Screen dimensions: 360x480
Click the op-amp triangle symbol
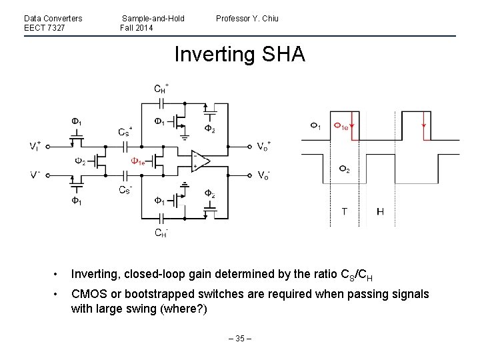pyautogui.click(x=199, y=161)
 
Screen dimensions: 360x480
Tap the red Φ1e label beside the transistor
pyautogui.click(x=139, y=161)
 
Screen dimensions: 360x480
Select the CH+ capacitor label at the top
pyautogui.click(x=161, y=88)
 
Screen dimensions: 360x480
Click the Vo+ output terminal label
pyautogui.click(x=264, y=147)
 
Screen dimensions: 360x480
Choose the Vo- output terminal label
pyautogui.click(x=264, y=175)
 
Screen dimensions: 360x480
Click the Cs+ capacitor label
pyautogui.click(x=125, y=131)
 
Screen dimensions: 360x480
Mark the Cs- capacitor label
pyautogui.click(x=125, y=190)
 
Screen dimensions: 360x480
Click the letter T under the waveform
pyautogui.click(x=344, y=212)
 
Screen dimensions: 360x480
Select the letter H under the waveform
pyautogui.click(x=380, y=212)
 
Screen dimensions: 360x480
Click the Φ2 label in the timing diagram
pyautogui.click(x=343, y=169)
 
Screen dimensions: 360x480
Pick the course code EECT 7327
pyautogui.click(x=44, y=27)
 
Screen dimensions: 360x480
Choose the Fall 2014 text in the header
pyautogui.click(x=137, y=27)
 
